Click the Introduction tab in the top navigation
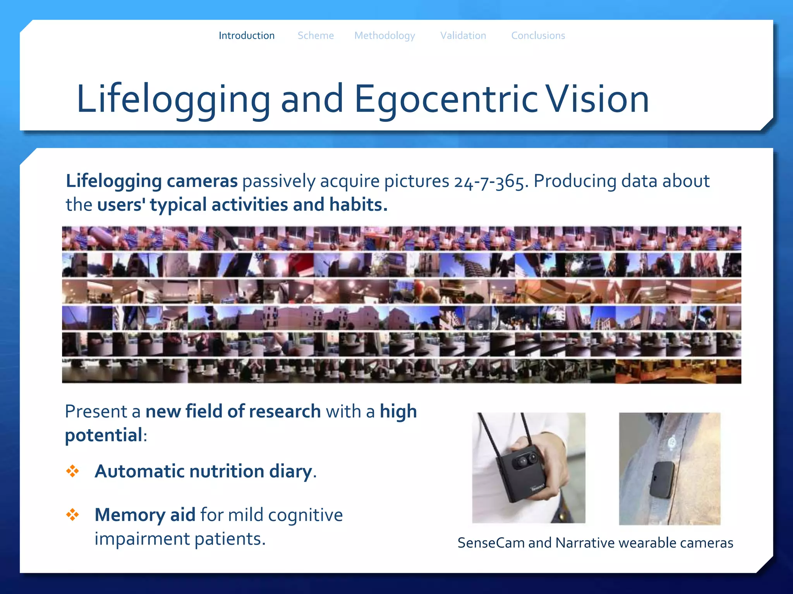tap(246, 36)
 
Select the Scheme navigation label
tap(315, 36)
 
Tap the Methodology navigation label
tap(384, 36)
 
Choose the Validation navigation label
tap(463, 36)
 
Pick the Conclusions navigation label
tap(538, 36)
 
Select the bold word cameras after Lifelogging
tap(202, 181)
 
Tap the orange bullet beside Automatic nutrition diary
tap(72, 471)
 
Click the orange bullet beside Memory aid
tap(72, 515)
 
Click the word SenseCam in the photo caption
tap(491, 543)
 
